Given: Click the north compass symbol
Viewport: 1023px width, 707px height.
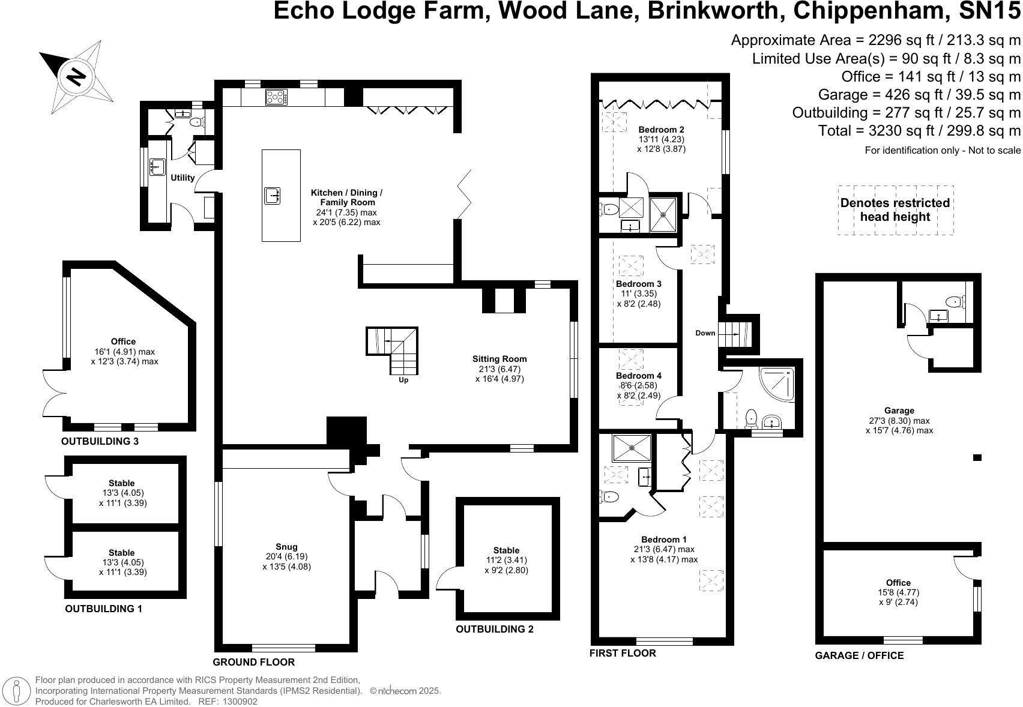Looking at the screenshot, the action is (x=76, y=77).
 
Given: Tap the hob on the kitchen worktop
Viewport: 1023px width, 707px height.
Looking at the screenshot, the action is (x=277, y=97).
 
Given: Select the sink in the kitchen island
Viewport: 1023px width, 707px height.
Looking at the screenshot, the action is (x=272, y=196).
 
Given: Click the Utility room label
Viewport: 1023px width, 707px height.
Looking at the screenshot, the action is (x=183, y=178).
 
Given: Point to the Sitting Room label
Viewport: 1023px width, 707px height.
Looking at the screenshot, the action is (x=499, y=359).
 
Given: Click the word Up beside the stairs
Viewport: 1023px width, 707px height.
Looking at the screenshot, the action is (x=403, y=380).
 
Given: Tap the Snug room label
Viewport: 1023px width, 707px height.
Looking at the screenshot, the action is (x=286, y=546).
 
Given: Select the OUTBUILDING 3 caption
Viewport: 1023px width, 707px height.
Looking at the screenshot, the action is (x=100, y=441).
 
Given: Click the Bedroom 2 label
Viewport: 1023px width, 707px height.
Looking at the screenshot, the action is (x=662, y=130).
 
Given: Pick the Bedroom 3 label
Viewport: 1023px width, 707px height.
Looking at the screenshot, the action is (x=638, y=283).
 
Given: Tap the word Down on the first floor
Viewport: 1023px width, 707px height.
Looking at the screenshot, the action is (x=705, y=332).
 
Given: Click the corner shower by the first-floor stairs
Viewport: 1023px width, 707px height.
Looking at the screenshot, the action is (x=776, y=384).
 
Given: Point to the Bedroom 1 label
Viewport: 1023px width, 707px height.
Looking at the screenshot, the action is (x=663, y=539).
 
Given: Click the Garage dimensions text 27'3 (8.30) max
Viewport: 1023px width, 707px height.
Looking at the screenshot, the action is (x=899, y=420).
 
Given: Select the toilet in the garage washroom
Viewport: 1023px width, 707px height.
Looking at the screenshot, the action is (x=955, y=301).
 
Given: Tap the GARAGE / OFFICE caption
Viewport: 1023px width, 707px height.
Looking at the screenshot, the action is (x=860, y=655).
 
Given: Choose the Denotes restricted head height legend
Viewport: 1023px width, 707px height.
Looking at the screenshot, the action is (x=895, y=209).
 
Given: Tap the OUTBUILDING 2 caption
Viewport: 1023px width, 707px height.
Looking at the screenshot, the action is (x=495, y=629).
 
